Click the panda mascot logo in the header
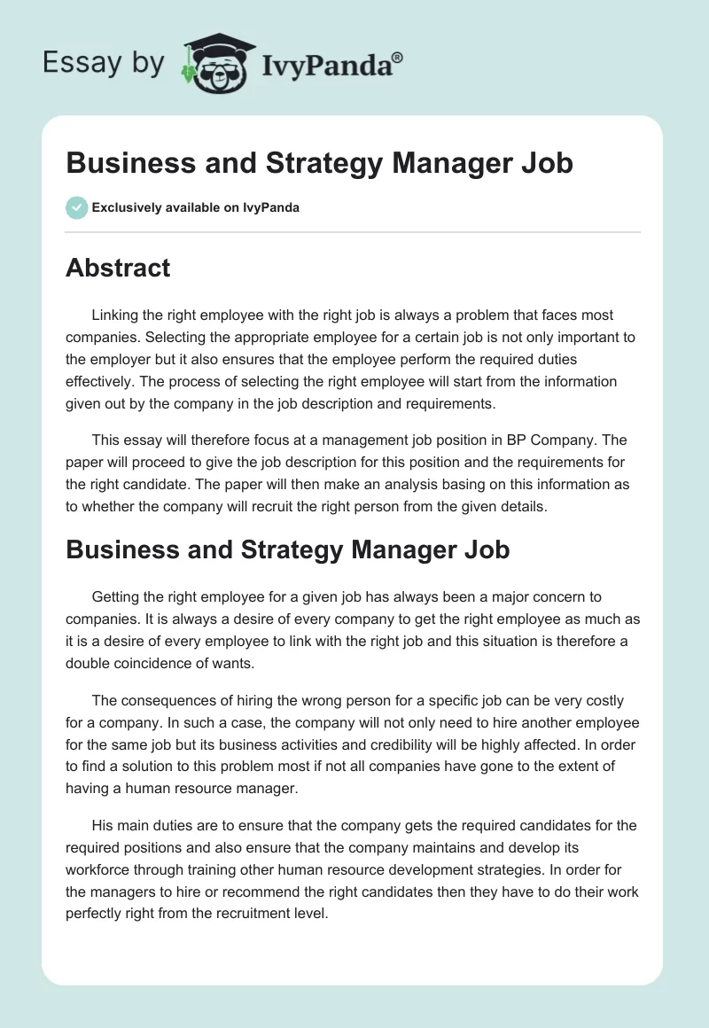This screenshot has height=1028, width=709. click(x=216, y=63)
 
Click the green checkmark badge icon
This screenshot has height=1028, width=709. click(x=76, y=207)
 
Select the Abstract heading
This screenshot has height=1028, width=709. click(x=118, y=268)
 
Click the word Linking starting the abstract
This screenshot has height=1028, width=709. click(x=115, y=315)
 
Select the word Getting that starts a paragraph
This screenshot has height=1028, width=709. click(x=116, y=597)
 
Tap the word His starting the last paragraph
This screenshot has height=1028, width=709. click(x=102, y=826)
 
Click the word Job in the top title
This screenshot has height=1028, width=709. click(x=547, y=163)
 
